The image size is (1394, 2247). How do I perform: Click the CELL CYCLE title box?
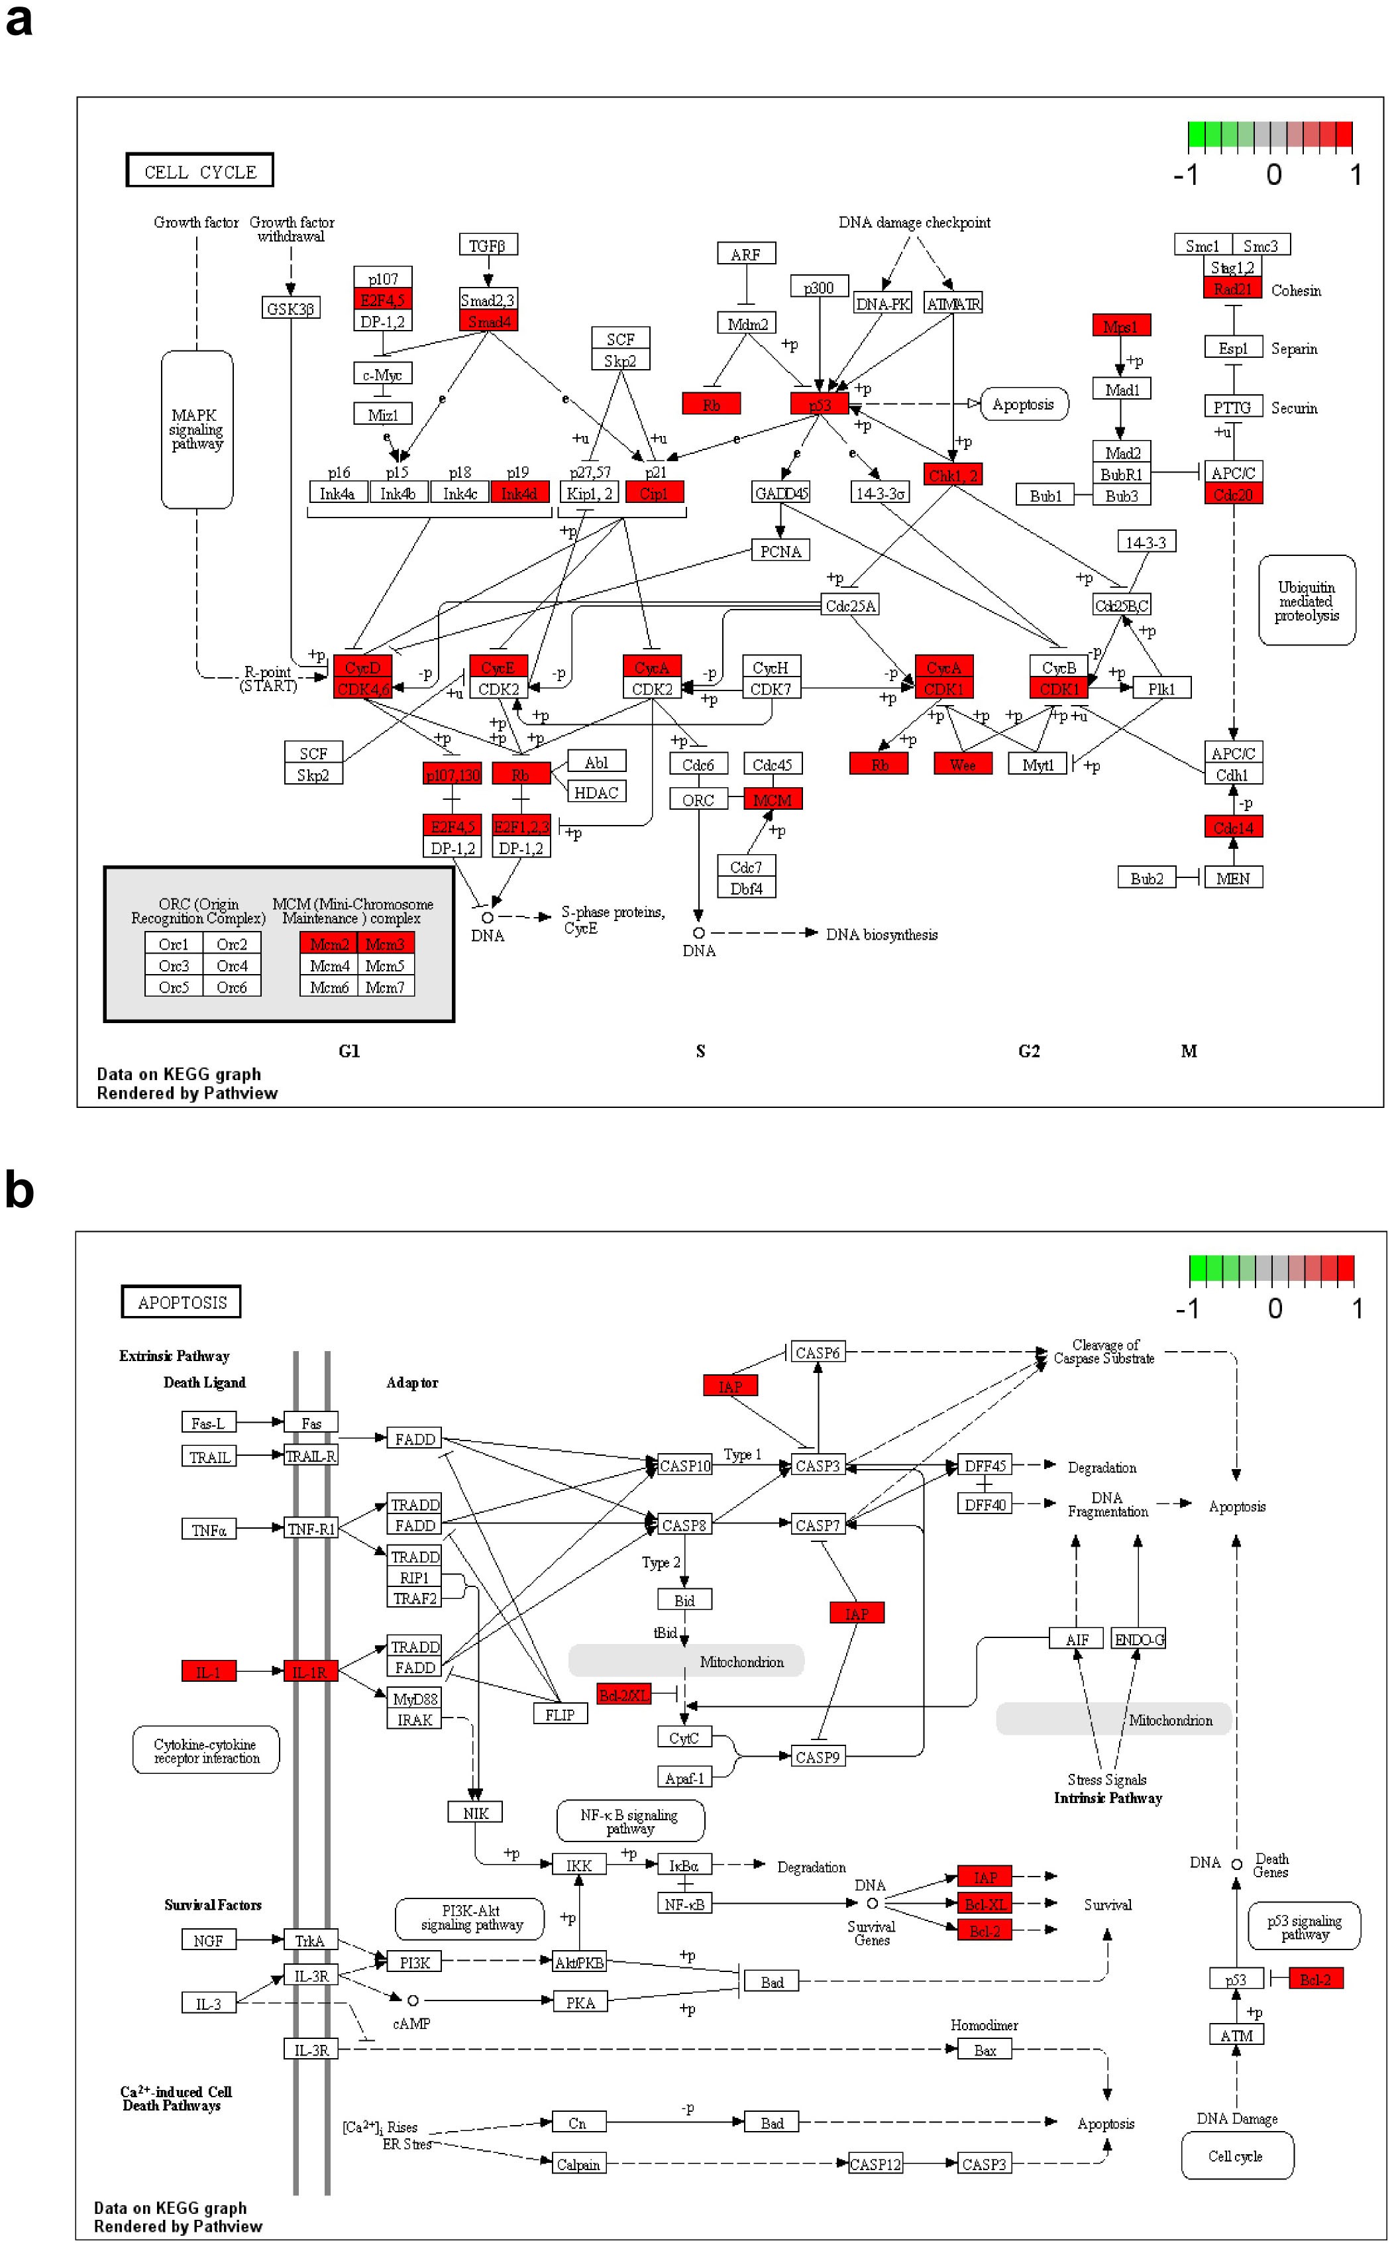[200, 170]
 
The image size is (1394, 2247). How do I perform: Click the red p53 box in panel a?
[819, 404]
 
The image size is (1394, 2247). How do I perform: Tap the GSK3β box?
[290, 308]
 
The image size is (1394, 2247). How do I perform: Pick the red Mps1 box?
[1120, 325]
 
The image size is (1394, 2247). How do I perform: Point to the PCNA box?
[780, 551]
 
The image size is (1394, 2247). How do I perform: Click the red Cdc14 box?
[1232, 827]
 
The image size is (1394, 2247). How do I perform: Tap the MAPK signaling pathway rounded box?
[196, 429]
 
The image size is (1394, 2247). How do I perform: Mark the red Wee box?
[961, 765]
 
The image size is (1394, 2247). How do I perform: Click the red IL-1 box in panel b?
[208, 1671]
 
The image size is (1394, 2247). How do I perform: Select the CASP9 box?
[817, 1757]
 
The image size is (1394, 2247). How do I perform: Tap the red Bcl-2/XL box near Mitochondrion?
[623, 1694]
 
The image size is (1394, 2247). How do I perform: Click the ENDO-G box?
[1139, 1639]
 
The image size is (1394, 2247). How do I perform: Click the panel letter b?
[19, 1190]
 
